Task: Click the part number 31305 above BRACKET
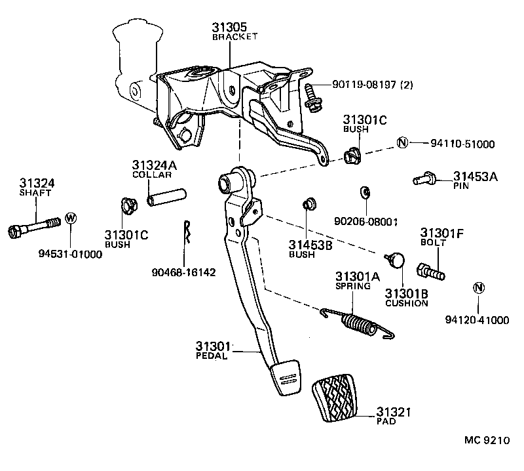pos(229,28)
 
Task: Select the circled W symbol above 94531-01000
pos(71,219)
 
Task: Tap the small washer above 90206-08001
pos(365,193)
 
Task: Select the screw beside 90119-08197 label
pos(312,98)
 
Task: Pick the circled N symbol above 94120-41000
pos(478,287)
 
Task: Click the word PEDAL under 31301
pos(211,356)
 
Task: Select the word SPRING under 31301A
pos(353,286)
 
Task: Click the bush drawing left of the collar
pos(128,206)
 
